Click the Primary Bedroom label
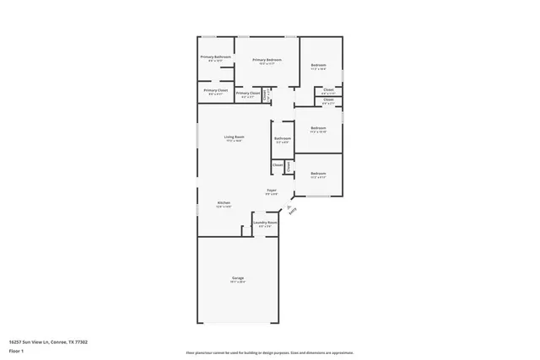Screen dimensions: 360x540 point(267,60)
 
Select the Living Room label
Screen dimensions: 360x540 point(234,137)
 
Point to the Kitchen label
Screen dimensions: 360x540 point(224,202)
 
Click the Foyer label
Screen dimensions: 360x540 point(272,190)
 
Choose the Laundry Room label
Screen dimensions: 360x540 point(265,223)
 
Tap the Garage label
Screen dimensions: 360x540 point(238,277)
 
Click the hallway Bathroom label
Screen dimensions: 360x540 point(282,138)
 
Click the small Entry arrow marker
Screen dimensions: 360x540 point(289,205)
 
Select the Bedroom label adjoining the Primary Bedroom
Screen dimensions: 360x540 point(318,65)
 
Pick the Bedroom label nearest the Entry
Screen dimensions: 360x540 point(318,174)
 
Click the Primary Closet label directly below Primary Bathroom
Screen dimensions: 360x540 point(216,90)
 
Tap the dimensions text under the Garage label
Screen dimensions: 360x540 point(238,282)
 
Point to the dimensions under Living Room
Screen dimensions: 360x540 point(234,141)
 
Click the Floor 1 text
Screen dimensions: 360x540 point(17,349)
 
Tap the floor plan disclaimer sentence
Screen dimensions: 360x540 point(270,353)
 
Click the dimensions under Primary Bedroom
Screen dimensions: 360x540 point(267,64)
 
